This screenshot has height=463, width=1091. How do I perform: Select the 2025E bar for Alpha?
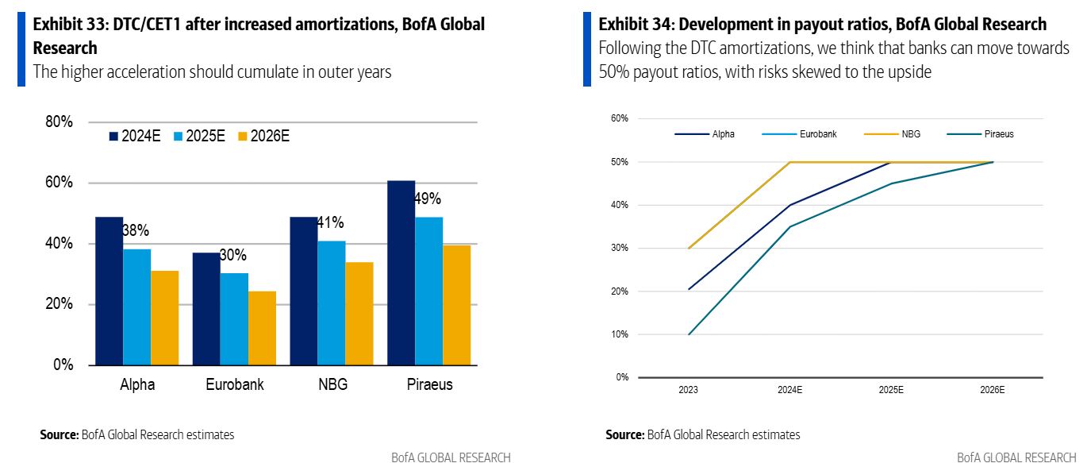[x=136, y=307]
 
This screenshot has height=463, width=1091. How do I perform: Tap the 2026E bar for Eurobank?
[x=262, y=328]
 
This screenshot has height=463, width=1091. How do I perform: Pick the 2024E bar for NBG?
[x=303, y=291]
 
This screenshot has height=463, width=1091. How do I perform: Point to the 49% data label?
[x=428, y=199]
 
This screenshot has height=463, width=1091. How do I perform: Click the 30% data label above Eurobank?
[x=233, y=255]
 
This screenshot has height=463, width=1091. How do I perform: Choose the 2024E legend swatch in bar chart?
[x=114, y=137]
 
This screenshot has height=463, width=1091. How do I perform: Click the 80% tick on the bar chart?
[x=59, y=122]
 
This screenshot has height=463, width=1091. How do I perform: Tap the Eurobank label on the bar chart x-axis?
[x=234, y=384]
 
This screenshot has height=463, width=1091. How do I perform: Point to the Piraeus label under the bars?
[x=428, y=384]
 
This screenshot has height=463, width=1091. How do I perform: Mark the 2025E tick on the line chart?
[x=890, y=390]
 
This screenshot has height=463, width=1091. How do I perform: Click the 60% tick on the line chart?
[x=619, y=118]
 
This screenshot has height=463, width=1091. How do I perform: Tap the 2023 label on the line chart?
[x=689, y=390]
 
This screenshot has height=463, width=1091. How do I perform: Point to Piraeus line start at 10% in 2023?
[x=689, y=334]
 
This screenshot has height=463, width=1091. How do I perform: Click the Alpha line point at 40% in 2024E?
[x=789, y=205]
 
